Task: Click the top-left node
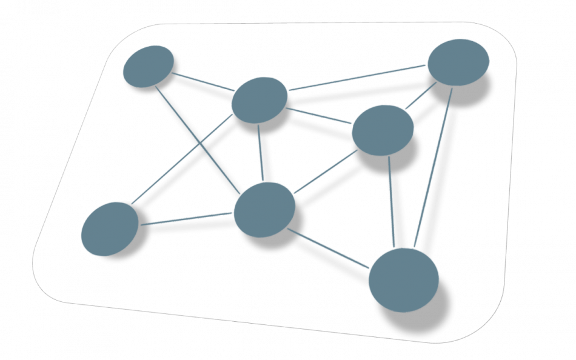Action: tap(148, 65)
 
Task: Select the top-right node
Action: tap(458, 62)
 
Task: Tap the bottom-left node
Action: tap(109, 228)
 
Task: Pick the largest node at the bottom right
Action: tap(404, 279)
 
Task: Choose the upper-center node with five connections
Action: tap(260, 99)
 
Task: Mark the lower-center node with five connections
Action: tap(264, 209)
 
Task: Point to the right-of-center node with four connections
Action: tap(383, 130)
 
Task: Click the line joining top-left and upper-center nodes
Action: tap(203, 82)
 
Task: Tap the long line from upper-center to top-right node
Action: tap(358, 78)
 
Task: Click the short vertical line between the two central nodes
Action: tap(261, 153)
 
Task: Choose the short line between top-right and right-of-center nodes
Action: tap(421, 96)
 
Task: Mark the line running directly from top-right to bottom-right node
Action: tap(433, 167)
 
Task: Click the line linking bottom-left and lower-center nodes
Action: tap(187, 219)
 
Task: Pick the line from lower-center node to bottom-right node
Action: tap(329, 248)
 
